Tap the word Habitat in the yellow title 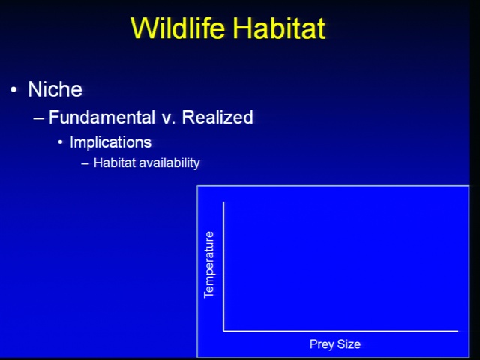click(x=279, y=28)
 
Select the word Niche click(x=55, y=89)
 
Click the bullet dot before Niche click(x=13, y=90)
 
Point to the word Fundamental click(x=102, y=117)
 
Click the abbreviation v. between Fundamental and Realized click(x=168, y=118)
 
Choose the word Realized click(x=217, y=117)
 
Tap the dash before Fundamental click(x=38, y=118)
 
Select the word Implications click(x=110, y=142)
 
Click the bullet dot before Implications click(x=60, y=142)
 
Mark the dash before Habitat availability click(x=85, y=163)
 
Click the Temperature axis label click(x=208, y=265)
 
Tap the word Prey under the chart click(x=322, y=344)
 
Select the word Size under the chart click(x=349, y=343)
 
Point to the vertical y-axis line click(x=223, y=266)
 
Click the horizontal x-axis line click(x=340, y=331)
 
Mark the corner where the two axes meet click(x=223, y=331)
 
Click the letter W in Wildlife click(x=144, y=28)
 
